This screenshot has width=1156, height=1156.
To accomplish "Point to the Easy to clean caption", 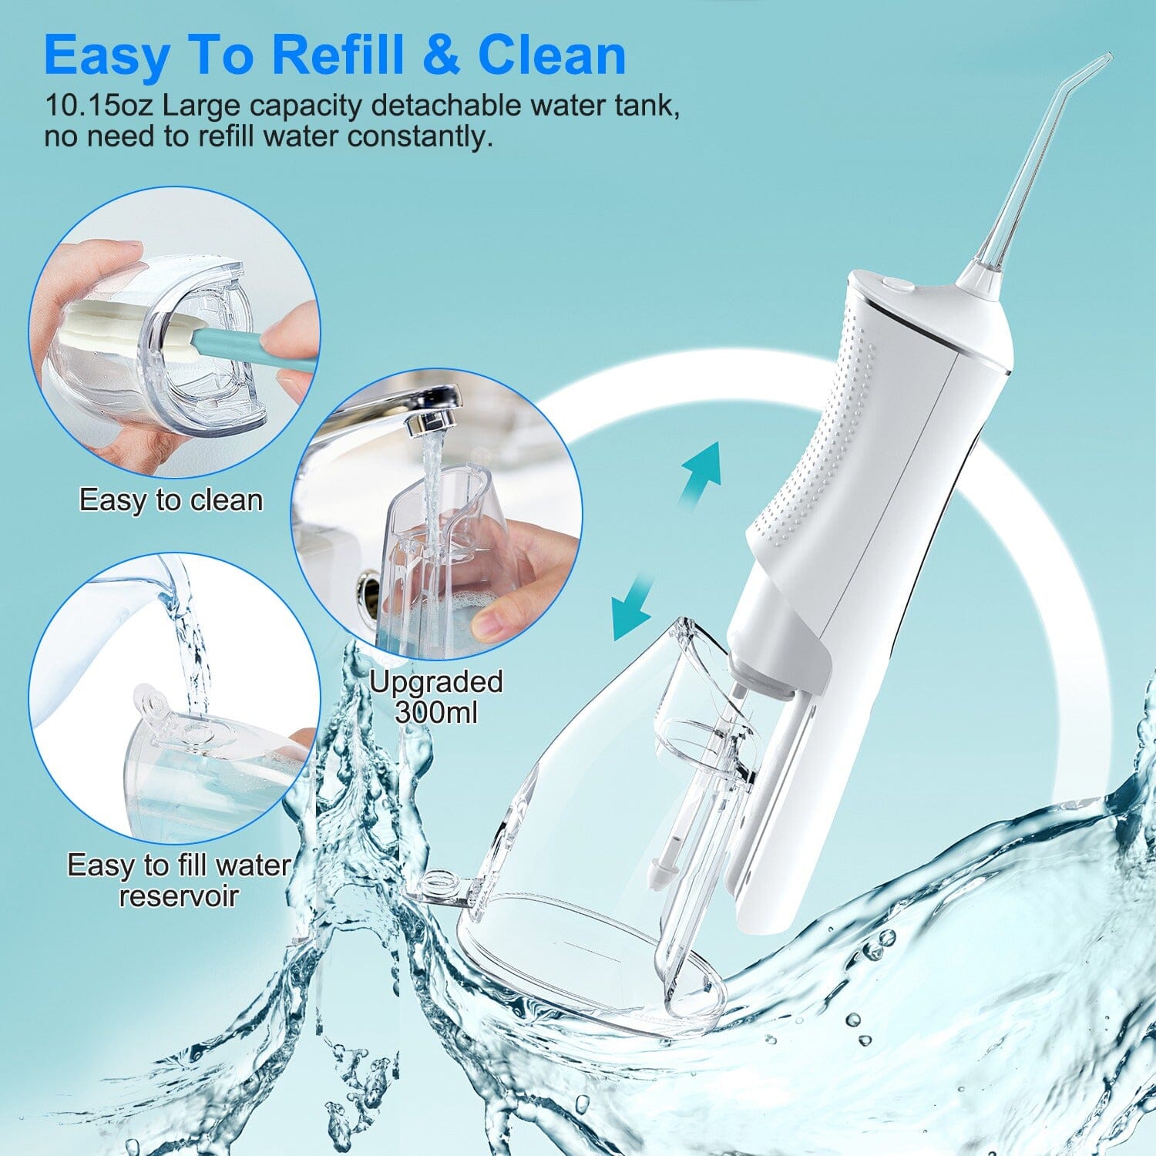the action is pos(171,500).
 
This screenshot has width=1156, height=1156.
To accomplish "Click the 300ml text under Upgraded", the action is pos(436,711).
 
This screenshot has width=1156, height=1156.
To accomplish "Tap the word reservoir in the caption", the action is pos(179,896).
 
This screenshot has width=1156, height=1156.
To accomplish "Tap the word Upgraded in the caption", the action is pos(436,682).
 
